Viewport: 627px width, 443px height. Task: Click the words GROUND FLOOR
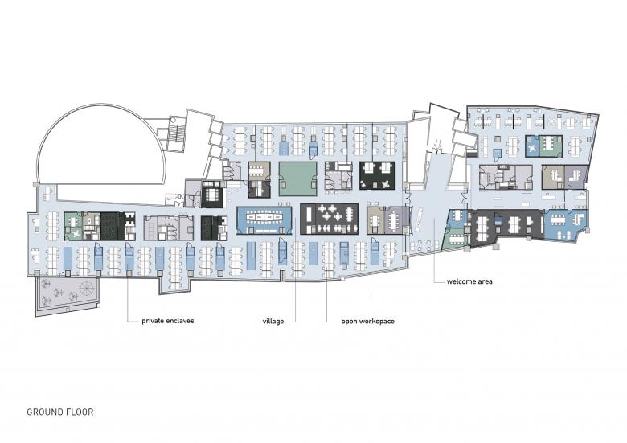[x=60, y=412]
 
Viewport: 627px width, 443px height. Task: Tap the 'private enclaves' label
[x=167, y=321]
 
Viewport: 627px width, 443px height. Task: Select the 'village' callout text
[x=273, y=321]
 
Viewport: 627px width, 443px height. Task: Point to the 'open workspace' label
[x=367, y=321]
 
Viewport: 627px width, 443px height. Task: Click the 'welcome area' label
[x=469, y=281]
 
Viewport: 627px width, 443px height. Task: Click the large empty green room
[x=297, y=178]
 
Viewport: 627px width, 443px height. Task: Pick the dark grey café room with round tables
[x=329, y=219]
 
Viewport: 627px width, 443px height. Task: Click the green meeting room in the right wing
[x=551, y=146]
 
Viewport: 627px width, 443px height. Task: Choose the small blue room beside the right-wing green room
[x=532, y=146]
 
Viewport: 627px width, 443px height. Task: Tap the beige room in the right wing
[x=553, y=176]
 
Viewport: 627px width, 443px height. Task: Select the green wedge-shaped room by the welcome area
[x=454, y=239]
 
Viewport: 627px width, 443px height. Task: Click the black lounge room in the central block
[x=377, y=175]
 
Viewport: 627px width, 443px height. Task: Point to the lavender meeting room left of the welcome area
[x=396, y=219]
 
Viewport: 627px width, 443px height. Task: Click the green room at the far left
[x=73, y=226]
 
